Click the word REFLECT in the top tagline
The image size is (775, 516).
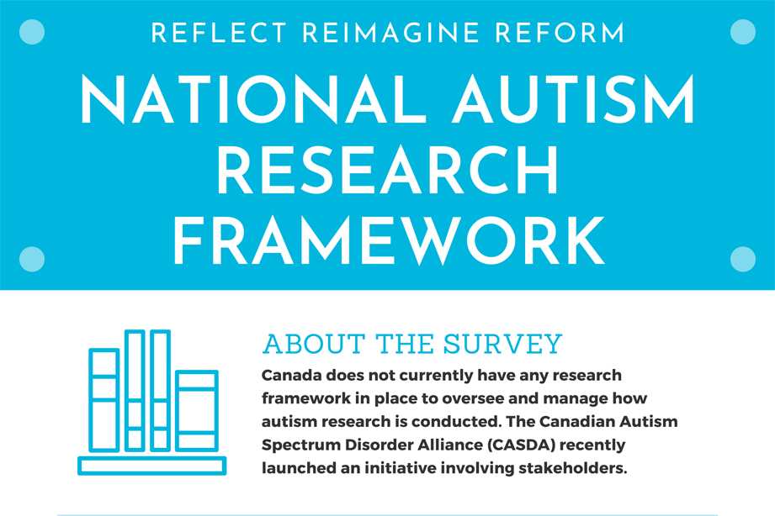pyautogui.click(x=219, y=34)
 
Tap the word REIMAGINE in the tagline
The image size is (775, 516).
pyautogui.click(x=389, y=34)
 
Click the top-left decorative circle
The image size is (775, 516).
pyautogui.click(x=31, y=32)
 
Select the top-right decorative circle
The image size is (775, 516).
pyautogui.click(x=743, y=32)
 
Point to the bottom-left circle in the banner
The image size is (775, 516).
pyautogui.click(x=31, y=259)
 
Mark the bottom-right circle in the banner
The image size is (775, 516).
pyautogui.click(x=743, y=259)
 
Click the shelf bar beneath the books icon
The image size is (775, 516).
pyautogui.click(x=152, y=466)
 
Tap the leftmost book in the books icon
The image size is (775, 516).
pyautogui.click(x=104, y=400)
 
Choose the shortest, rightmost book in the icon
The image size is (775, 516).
pyautogui.click(x=197, y=410)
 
